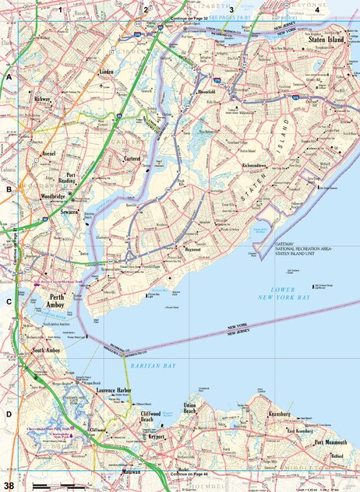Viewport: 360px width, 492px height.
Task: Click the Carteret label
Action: [x=136, y=159]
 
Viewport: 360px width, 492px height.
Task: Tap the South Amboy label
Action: [x=48, y=351]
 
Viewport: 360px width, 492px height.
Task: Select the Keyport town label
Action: [x=158, y=438]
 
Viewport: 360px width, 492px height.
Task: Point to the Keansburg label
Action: [x=278, y=414]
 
